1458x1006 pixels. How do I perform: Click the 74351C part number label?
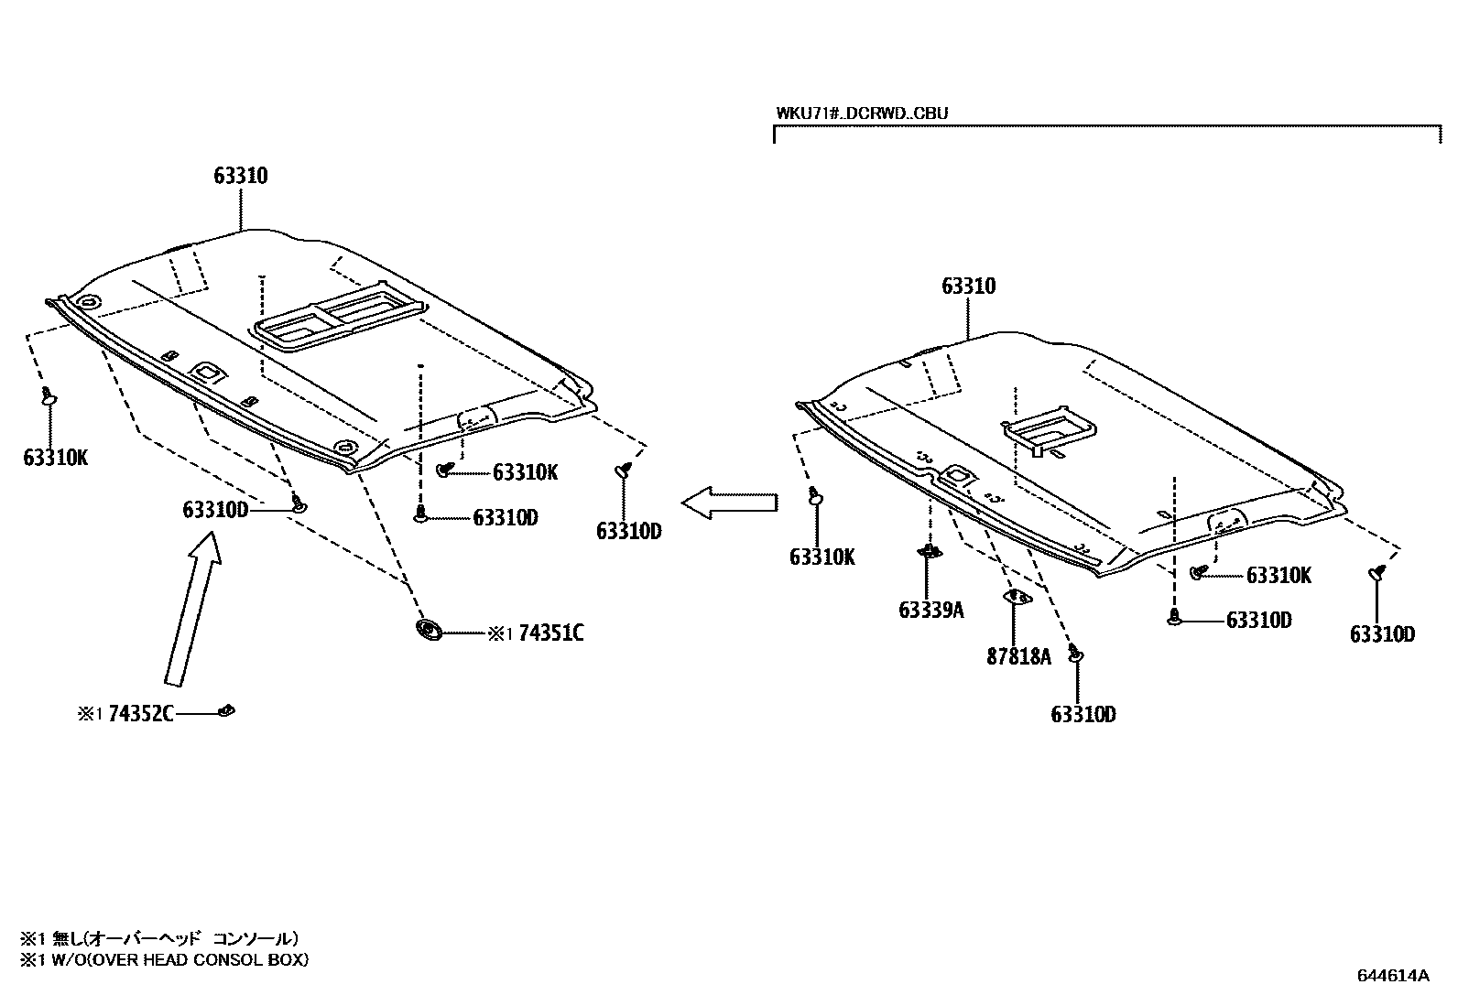click(x=550, y=633)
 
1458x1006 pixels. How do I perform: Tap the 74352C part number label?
click(x=140, y=714)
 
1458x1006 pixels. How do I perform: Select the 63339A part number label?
click(x=930, y=610)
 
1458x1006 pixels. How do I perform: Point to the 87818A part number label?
click(x=1018, y=656)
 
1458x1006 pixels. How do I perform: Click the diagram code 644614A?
click(x=1392, y=975)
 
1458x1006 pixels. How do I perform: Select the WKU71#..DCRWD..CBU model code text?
click(x=862, y=114)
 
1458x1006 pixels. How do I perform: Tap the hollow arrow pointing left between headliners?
click(x=729, y=503)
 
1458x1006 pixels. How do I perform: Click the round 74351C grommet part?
click(x=428, y=630)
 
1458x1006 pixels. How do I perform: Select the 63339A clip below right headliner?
click(x=929, y=551)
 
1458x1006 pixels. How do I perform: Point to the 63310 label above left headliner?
click(x=241, y=176)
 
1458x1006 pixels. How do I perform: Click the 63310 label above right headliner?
click(x=968, y=287)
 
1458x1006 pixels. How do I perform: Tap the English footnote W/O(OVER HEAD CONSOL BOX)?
click(x=165, y=959)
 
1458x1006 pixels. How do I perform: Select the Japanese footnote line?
click(x=160, y=938)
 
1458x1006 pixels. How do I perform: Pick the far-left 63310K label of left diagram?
click(x=55, y=458)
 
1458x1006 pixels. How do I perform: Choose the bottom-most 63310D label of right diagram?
click(x=1083, y=714)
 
